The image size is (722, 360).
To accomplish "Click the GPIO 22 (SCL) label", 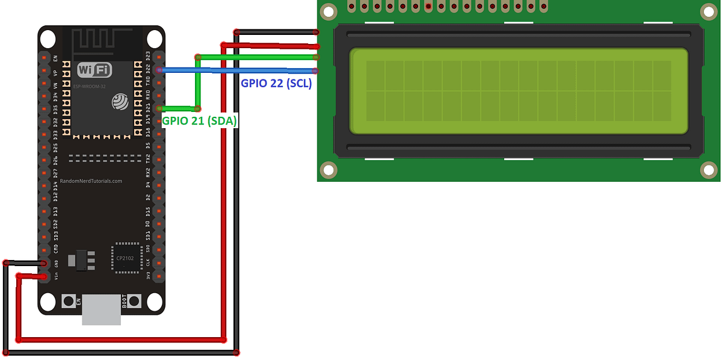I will (276, 84).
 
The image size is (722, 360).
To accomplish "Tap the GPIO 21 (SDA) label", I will (200, 121).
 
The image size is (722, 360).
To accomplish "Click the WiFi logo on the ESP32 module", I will (94, 69).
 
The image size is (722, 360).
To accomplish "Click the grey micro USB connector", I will (101, 309).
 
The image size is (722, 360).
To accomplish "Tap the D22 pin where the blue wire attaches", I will (159, 70).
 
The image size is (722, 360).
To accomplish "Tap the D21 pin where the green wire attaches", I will (159, 108).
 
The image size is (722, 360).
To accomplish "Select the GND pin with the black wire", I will (44, 263).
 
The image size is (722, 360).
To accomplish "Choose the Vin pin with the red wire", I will (44, 276).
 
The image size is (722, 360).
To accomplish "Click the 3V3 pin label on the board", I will (148, 276).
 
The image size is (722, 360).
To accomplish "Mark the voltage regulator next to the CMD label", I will (82, 259).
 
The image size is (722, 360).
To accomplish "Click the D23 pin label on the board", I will (148, 57).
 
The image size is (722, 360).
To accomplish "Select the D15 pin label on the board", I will (148, 211).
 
